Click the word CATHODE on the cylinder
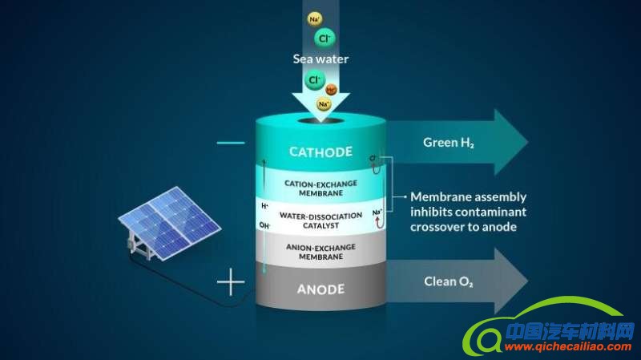click(x=320, y=152)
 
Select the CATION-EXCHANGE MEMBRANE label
click(x=320, y=187)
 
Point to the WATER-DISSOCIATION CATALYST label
click(x=320, y=220)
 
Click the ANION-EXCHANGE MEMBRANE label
click(x=320, y=253)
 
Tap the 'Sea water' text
click(x=320, y=59)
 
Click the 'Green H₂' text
click(x=449, y=143)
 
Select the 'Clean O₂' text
click(x=448, y=281)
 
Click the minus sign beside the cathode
click(x=231, y=143)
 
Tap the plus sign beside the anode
click(x=232, y=282)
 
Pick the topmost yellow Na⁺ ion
click(x=314, y=18)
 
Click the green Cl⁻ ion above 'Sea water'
click(x=325, y=38)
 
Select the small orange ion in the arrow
click(x=332, y=90)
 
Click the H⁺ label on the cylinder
click(x=264, y=206)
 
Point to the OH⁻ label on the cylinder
click(x=264, y=226)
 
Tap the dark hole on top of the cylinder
click(x=320, y=124)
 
